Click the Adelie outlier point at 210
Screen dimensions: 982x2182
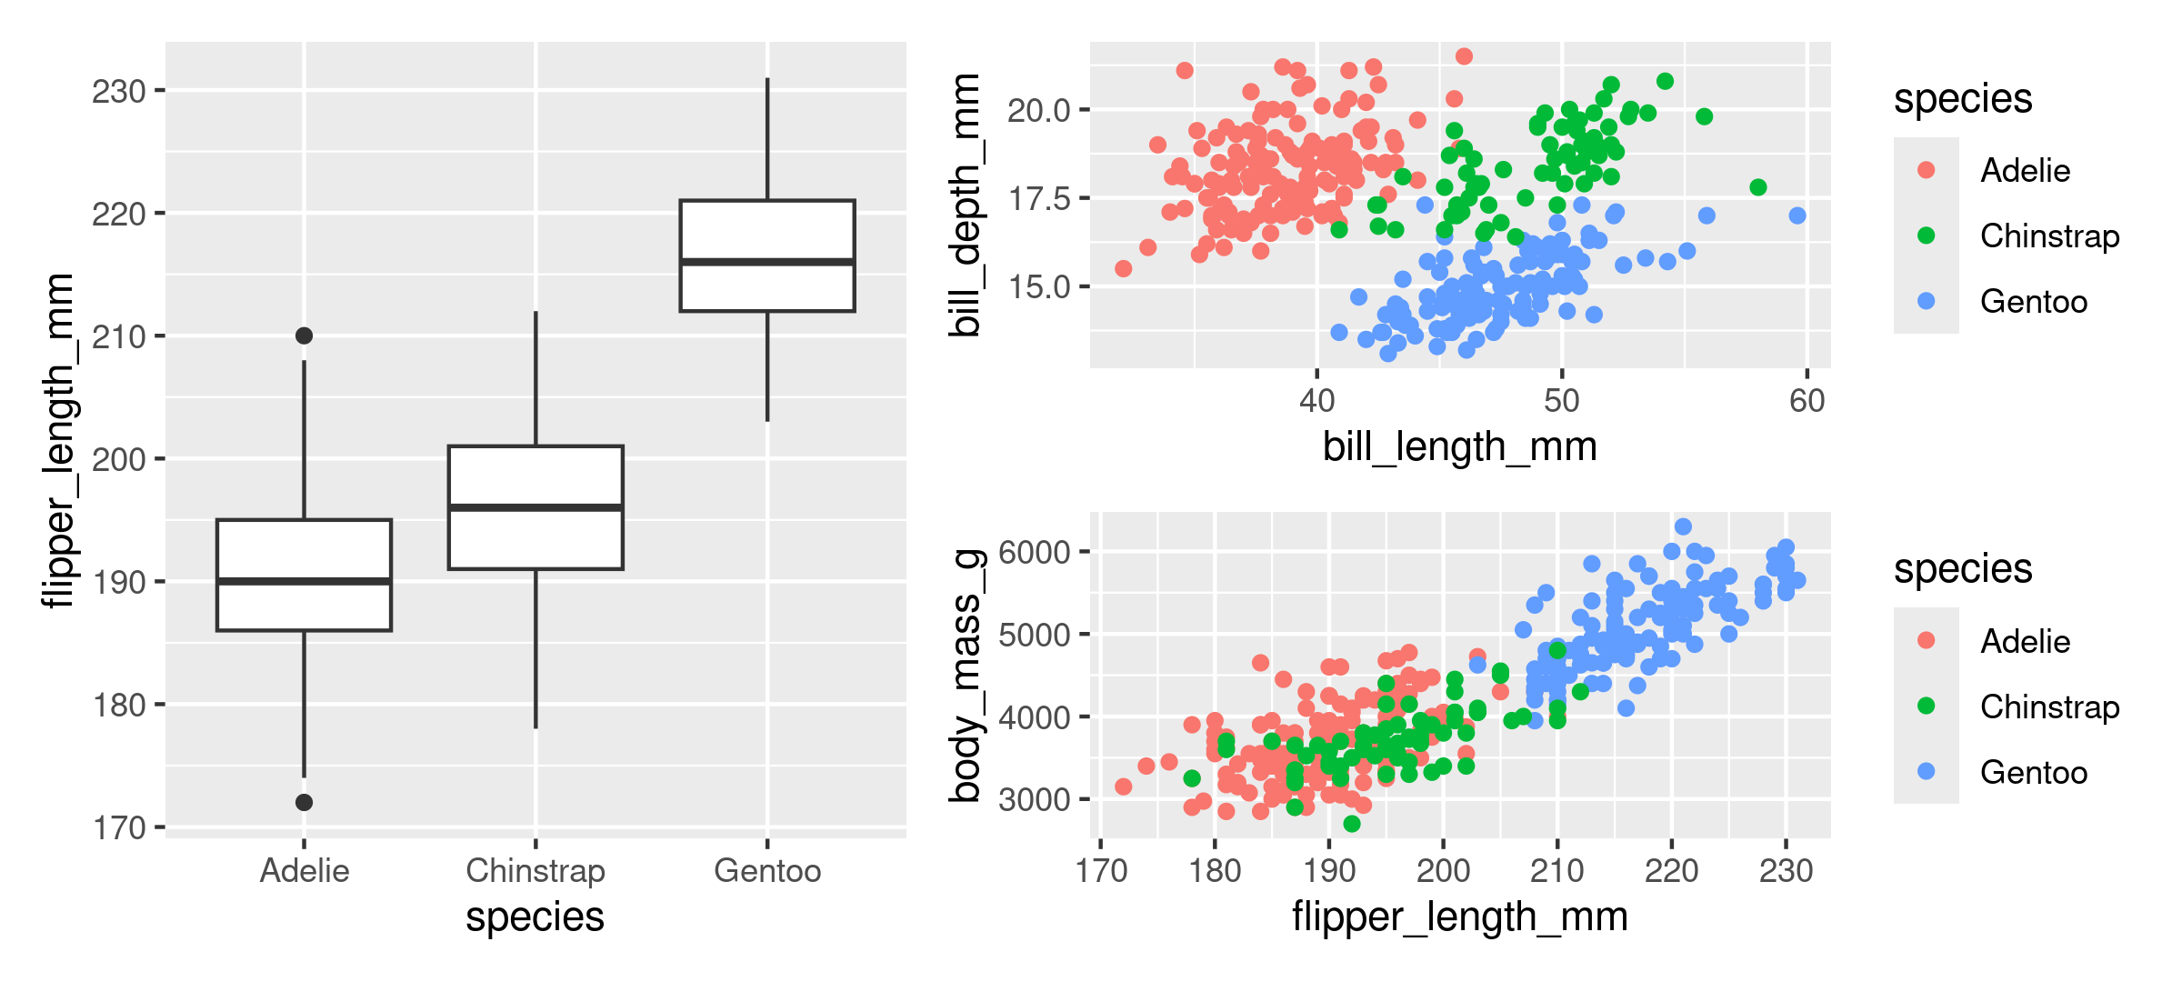[x=304, y=336]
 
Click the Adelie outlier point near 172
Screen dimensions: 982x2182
[x=304, y=802]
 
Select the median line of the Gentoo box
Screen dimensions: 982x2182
[x=767, y=262]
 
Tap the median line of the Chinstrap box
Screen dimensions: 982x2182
[x=535, y=506]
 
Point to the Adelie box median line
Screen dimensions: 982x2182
[x=304, y=580]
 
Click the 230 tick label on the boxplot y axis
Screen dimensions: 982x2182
[x=119, y=91]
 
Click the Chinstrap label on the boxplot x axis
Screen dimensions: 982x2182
[x=535, y=870]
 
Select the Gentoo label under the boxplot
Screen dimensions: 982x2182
[x=767, y=870]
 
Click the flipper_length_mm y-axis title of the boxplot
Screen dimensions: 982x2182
[x=58, y=440]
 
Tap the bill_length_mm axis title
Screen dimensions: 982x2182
[x=1459, y=446]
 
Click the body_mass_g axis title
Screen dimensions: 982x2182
[x=966, y=676]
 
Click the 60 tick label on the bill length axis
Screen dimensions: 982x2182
[x=1807, y=400]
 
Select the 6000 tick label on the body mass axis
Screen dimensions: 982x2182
[x=1034, y=552]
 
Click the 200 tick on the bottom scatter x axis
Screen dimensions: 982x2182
[x=1443, y=870]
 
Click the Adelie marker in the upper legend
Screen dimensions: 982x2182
[x=1926, y=170]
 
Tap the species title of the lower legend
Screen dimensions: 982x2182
[x=1962, y=568]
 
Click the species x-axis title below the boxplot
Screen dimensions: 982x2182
[x=535, y=917]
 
